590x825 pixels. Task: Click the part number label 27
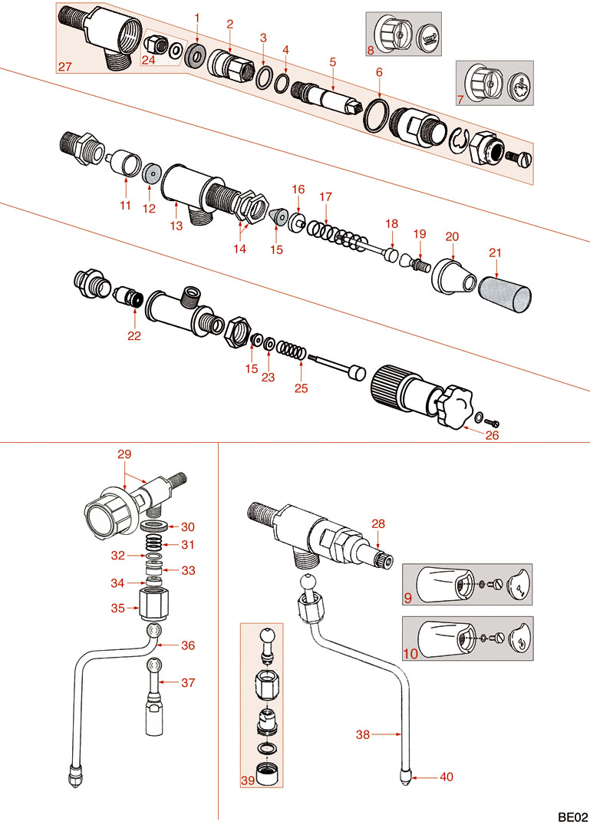click(x=64, y=67)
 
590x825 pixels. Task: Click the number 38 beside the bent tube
click(x=362, y=734)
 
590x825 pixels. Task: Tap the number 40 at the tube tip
click(x=446, y=777)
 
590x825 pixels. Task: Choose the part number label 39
click(x=249, y=780)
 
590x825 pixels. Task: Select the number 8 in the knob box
click(x=371, y=51)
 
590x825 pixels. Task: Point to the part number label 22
click(x=134, y=335)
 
